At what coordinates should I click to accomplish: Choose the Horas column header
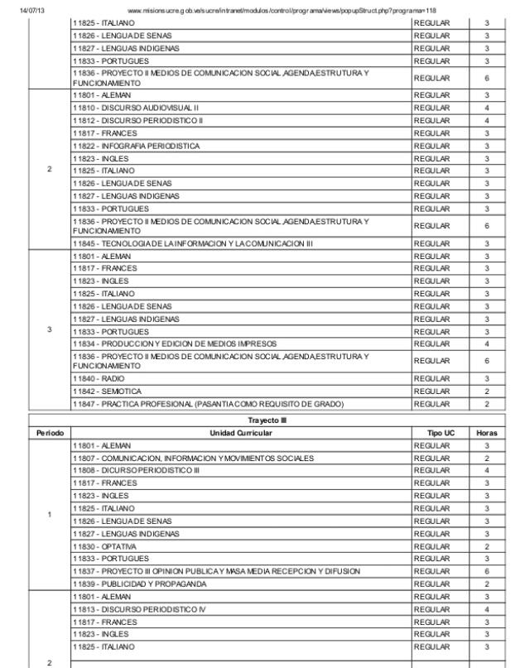[487, 432]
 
